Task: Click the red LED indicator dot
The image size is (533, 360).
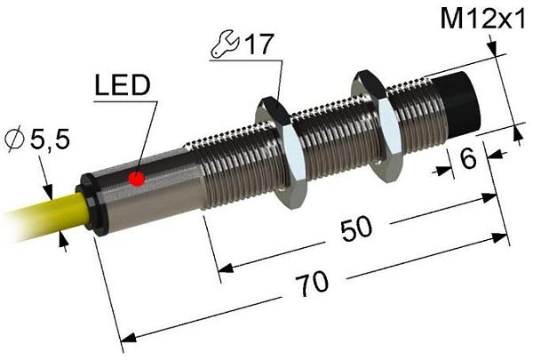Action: click(137, 179)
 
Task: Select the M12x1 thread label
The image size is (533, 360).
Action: click(482, 19)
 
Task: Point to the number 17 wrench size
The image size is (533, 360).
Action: click(259, 44)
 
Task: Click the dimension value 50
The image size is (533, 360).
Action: click(356, 228)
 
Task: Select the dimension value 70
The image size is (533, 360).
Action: click(312, 284)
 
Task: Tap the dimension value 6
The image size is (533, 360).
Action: click(469, 158)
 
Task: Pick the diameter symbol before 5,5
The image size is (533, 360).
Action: click(14, 139)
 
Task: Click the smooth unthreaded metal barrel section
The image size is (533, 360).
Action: click(153, 188)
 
